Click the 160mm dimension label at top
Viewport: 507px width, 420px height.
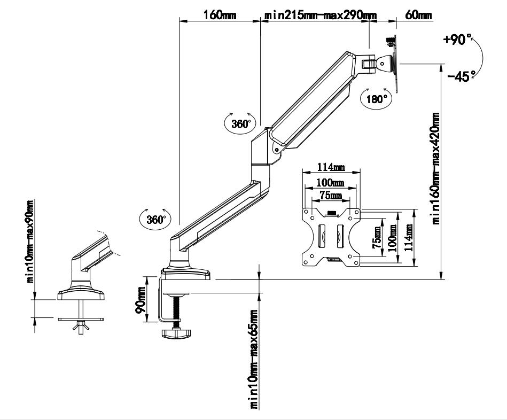click(x=219, y=14)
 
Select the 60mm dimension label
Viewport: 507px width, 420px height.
click(x=418, y=14)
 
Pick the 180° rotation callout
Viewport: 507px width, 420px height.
click(x=376, y=99)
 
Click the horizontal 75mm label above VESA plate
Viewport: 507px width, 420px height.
click(x=331, y=196)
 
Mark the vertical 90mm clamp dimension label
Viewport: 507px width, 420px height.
click(x=141, y=299)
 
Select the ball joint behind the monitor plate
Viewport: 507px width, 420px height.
click(x=384, y=63)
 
